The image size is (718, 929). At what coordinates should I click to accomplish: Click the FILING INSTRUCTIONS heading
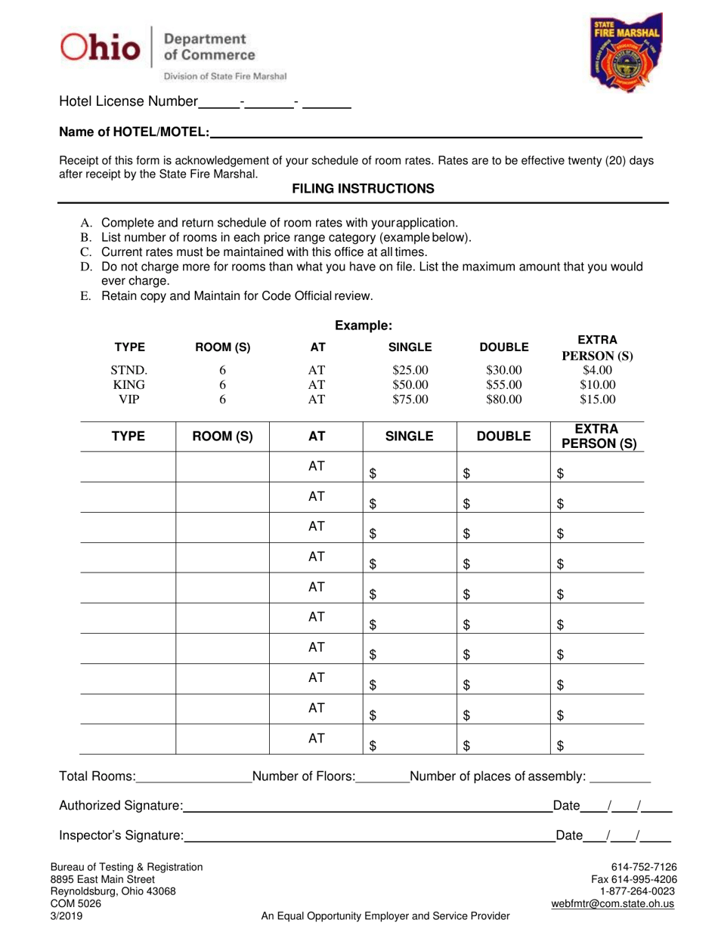tap(363, 189)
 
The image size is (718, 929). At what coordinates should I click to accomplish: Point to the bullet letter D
tap(85, 267)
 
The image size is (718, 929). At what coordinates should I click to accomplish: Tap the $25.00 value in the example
tap(410, 370)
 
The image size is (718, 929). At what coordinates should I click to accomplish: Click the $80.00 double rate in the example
tap(503, 400)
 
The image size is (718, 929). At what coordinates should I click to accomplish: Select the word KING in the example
tap(129, 385)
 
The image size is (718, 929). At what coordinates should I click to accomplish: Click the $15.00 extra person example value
tap(597, 400)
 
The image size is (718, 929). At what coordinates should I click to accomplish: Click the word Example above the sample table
tap(364, 326)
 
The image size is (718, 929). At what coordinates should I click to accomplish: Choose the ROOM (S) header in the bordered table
tap(222, 436)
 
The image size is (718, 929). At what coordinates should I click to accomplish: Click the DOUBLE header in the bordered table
tap(503, 436)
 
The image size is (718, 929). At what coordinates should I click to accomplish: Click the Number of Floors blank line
tap(382, 777)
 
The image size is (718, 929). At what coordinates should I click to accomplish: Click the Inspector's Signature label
tap(121, 835)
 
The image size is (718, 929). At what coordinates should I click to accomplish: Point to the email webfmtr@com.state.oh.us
tap(614, 904)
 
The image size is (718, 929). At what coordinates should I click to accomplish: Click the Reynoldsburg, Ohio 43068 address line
tap(113, 891)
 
